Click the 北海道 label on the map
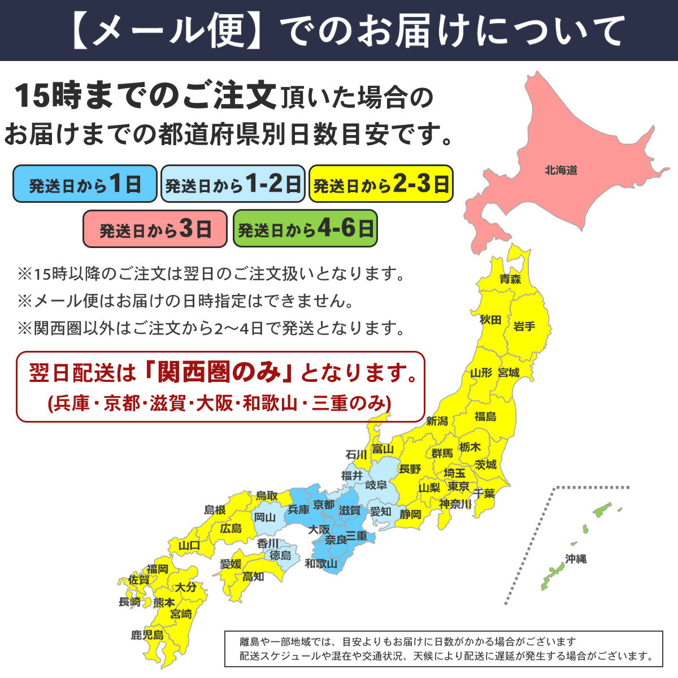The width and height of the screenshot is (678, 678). (x=561, y=170)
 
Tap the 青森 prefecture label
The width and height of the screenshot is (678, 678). (x=510, y=279)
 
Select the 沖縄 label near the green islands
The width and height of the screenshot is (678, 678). (x=576, y=559)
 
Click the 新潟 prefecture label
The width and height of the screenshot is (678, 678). (x=437, y=421)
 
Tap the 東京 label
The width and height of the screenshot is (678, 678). (x=458, y=486)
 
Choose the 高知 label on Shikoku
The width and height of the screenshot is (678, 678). (x=253, y=577)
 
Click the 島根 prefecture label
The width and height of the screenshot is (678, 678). (x=215, y=510)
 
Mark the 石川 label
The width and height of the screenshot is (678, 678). (x=356, y=455)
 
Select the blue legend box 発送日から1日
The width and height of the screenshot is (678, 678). (x=85, y=184)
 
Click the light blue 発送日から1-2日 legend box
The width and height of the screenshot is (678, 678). (x=233, y=184)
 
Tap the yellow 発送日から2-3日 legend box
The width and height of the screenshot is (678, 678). (x=381, y=184)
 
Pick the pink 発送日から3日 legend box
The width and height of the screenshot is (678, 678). (x=155, y=229)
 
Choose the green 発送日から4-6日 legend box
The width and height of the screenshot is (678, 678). (x=305, y=229)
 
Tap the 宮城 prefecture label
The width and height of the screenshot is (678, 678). (x=508, y=373)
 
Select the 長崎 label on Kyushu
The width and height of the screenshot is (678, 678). (x=129, y=602)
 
